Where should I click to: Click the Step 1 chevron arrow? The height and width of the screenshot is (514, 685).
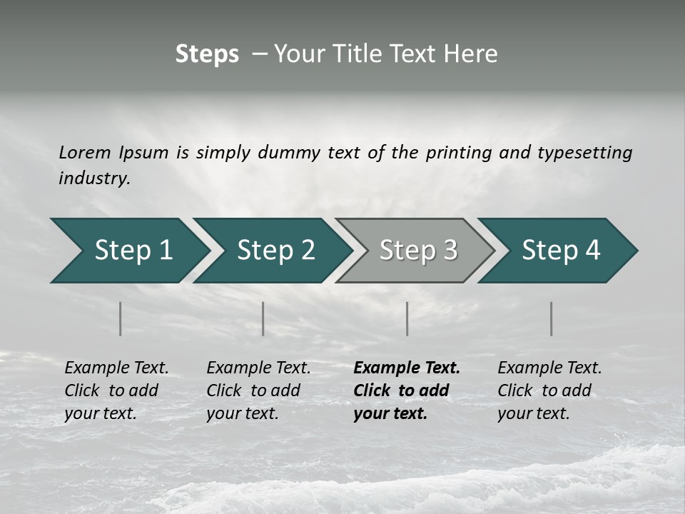click(x=128, y=251)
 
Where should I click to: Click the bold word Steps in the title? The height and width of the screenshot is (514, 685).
click(x=207, y=54)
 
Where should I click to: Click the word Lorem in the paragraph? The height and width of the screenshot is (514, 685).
click(x=85, y=152)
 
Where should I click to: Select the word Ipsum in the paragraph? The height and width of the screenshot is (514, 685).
click(x=143, y=152)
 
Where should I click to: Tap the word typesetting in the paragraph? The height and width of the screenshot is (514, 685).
click(x=584, y=152)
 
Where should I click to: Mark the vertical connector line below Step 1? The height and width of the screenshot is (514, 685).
click(x=121, y=318)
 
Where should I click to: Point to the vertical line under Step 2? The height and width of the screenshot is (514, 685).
click(x=263, y=318)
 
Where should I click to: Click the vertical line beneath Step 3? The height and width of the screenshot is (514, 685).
click(x=407, y=318)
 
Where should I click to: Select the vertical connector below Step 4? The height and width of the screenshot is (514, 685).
click(x=552, y=318)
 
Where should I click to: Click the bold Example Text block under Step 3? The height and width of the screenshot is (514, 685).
click(x=406, y=390)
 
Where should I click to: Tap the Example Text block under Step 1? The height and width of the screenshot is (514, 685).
click(x=116, y=390)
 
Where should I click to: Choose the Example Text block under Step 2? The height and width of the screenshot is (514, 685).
click(x=258, y=390)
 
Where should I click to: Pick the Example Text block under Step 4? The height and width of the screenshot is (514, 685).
click(x=549, y=390)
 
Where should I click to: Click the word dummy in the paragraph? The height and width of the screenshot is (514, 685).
click(x=290, y=152)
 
